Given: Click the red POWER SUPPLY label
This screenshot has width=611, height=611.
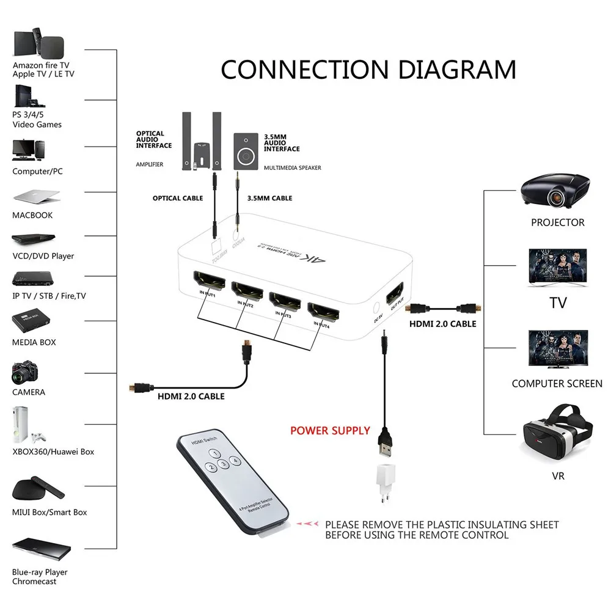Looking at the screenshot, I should [x=330, y=431].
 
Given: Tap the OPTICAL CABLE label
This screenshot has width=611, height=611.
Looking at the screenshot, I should [x=177, y=198].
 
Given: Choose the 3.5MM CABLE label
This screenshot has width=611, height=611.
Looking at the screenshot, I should [x=269, y=198].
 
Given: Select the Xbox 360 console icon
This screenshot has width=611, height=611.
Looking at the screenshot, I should [x=22, y=426].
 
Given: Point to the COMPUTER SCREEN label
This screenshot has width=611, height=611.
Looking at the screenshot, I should [x=557, y=384].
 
